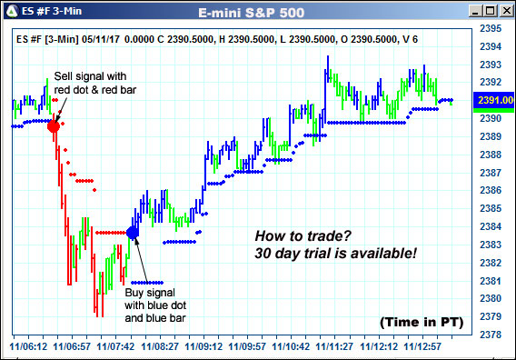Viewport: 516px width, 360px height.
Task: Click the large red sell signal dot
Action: point(54,125)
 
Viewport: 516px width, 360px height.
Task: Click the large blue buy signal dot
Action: point(133,233)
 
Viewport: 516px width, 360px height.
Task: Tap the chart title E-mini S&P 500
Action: point(258,12)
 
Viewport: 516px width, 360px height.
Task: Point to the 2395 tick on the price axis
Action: point(490,29)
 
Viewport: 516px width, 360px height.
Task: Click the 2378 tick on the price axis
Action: point(490,335)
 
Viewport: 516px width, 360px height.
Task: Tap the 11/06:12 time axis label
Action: point(28,346)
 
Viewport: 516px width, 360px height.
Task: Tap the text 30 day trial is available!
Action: point(335,252)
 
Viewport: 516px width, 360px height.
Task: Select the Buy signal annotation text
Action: point(155,305)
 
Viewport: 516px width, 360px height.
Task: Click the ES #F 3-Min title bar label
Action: point(48,12)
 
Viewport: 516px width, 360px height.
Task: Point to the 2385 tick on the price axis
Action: point(490,208)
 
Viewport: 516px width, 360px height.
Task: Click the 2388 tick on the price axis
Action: point(490,155)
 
